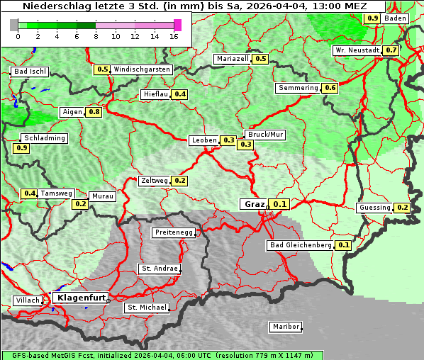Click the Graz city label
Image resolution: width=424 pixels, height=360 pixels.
pos(253,204)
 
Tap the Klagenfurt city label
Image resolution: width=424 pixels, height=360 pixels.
pos(80,298)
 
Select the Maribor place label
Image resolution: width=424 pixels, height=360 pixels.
pos(286,327)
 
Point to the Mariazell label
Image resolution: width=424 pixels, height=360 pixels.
pos(233,59)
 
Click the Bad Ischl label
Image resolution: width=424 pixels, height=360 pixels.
pos(30,72)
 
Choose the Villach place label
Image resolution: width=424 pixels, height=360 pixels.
pos(27,300)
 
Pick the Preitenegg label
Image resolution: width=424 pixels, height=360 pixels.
pos(173,232)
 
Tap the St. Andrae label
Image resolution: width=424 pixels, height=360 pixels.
pos(159,269)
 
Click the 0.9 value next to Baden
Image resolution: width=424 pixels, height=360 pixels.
pos(372,18)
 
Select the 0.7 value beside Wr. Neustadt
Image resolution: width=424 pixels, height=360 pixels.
pos(391,50)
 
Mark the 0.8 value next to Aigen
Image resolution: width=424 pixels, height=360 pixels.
pos(94,112)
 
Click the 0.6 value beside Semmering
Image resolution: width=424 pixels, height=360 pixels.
pos(330,88)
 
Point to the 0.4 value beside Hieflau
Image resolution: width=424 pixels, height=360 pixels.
pos(179,94)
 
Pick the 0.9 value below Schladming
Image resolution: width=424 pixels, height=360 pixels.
pos(21,148)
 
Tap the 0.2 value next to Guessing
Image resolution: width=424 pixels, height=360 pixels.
pos(402,208)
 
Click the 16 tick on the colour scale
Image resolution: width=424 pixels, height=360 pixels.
pos(174,36)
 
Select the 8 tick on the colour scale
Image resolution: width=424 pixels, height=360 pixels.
pos(96,36)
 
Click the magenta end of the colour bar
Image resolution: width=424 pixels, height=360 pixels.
pos(177,25)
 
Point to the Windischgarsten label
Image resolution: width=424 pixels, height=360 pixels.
pos(142,69)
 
